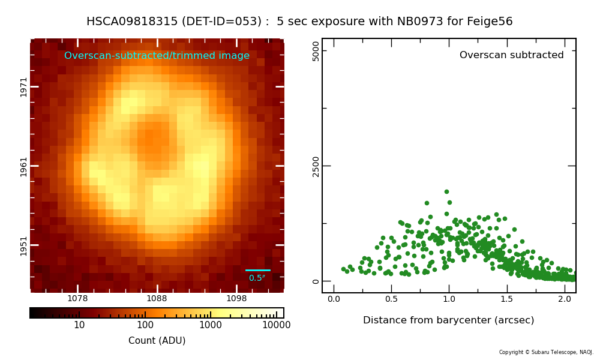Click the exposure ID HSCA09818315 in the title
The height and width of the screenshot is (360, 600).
[132, 21]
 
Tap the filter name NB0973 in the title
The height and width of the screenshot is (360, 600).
[420, 21]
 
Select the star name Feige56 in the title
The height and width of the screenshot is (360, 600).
[490, 22]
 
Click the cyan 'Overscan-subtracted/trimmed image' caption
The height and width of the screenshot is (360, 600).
[157, 55]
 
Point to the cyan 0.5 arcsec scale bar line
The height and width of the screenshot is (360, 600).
[258, 270]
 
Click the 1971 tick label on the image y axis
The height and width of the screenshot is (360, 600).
[24, 87]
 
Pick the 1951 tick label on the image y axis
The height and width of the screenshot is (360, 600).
[24, 245]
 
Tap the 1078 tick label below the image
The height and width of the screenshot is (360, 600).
[77, 298]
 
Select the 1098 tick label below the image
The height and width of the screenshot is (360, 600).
[236, 298]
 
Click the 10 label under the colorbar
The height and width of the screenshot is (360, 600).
[79, 325]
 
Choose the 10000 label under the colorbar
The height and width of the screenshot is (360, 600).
[276, 325]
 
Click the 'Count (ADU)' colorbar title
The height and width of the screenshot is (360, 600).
[157, 340]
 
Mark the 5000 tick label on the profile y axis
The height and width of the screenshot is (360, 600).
[316, 51]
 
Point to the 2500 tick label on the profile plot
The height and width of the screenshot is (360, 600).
[316, 166]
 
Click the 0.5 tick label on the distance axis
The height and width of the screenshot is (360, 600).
[391, 299]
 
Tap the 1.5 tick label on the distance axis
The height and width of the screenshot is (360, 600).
[506, 299]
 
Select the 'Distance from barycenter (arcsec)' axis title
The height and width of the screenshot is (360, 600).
[448, 320]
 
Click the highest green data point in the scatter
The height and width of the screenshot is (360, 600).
[446, 191]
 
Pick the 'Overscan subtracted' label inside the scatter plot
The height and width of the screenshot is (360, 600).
[512, 55]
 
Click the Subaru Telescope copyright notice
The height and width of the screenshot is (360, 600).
[546, 352]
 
